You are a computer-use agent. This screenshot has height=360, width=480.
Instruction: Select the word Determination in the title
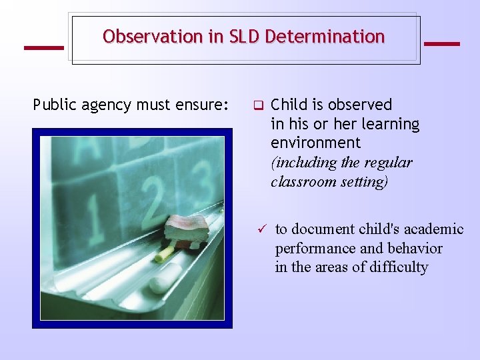tap(325, 37)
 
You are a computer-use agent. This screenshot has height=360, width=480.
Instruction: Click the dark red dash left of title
tap(43, 47)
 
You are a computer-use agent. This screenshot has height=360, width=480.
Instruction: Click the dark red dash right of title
tap(441, 44)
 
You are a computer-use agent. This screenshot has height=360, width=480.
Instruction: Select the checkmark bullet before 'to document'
tap(262, 229)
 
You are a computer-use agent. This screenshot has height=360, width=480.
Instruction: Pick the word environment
tap(315, 143)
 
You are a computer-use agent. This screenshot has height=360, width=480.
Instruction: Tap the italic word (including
tap(303, 162)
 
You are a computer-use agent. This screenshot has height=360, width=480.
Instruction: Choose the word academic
tap(430, 229)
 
